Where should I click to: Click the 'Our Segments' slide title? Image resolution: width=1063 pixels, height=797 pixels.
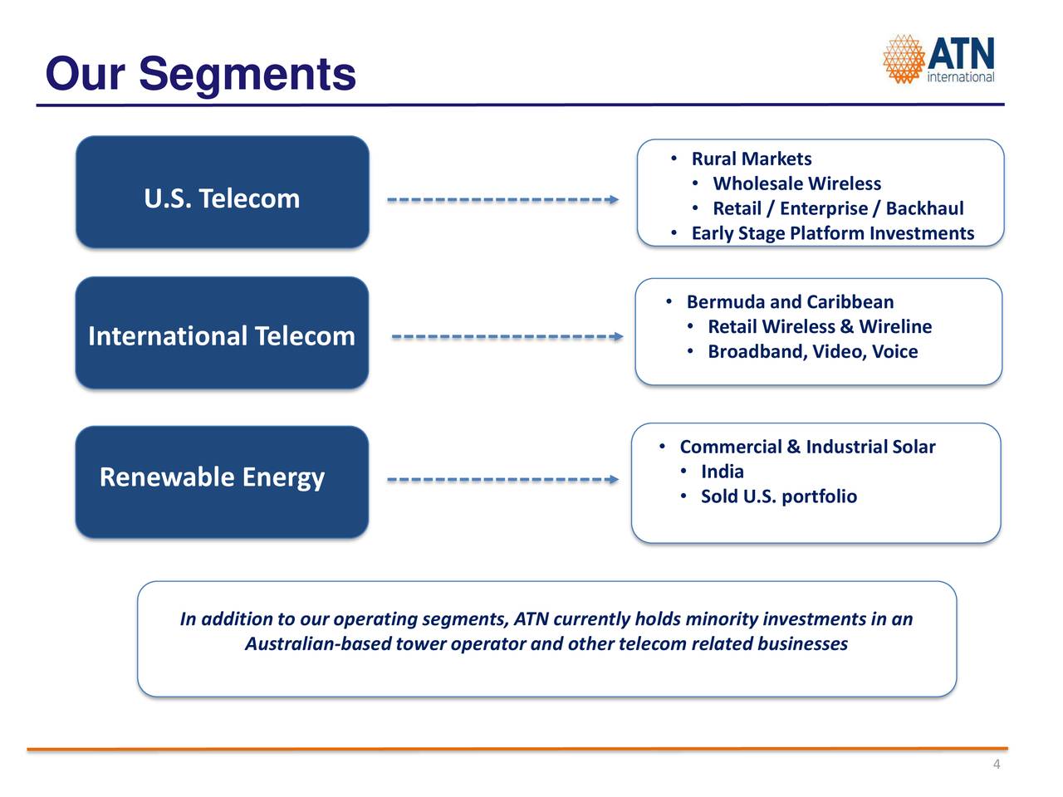200,74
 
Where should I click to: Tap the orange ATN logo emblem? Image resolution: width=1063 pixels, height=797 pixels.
904,59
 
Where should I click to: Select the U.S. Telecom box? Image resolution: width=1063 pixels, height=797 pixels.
223,192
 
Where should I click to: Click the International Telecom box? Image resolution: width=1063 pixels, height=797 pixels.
222,333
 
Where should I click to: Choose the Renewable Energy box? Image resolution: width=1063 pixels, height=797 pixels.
222,482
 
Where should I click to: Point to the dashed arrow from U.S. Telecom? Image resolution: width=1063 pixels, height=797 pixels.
502,199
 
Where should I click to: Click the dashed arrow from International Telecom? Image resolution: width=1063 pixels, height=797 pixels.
507,336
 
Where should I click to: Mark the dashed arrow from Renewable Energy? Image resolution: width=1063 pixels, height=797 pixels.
502,480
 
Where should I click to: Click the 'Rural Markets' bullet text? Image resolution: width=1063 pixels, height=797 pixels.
751,159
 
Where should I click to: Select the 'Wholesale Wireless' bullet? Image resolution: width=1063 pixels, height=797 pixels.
796,183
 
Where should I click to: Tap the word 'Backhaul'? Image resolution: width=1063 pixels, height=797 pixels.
924,208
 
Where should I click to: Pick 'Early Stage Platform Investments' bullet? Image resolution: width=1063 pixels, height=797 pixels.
832,233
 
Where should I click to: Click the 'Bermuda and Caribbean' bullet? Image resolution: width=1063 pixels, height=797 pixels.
790,302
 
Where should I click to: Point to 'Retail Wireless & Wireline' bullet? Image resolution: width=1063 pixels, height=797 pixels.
820,326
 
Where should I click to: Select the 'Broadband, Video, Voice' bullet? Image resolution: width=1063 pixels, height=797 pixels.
813,352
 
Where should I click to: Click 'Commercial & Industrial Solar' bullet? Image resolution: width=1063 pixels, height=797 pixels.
807,447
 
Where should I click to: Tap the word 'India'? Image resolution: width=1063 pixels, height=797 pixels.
722,472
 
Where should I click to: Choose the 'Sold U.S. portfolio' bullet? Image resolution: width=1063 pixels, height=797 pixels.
779,496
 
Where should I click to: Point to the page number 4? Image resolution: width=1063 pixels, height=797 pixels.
997,764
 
